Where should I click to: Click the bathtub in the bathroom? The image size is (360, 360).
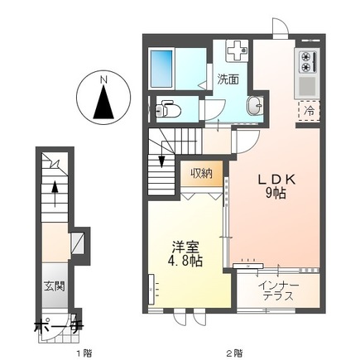tap(163, 65)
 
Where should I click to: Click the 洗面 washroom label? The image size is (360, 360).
tap(228, 80)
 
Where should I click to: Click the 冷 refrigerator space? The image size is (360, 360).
tap(308, 108)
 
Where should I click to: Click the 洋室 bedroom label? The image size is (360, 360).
tap(186, 246)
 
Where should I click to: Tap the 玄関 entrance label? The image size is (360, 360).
tap(55, 290)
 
